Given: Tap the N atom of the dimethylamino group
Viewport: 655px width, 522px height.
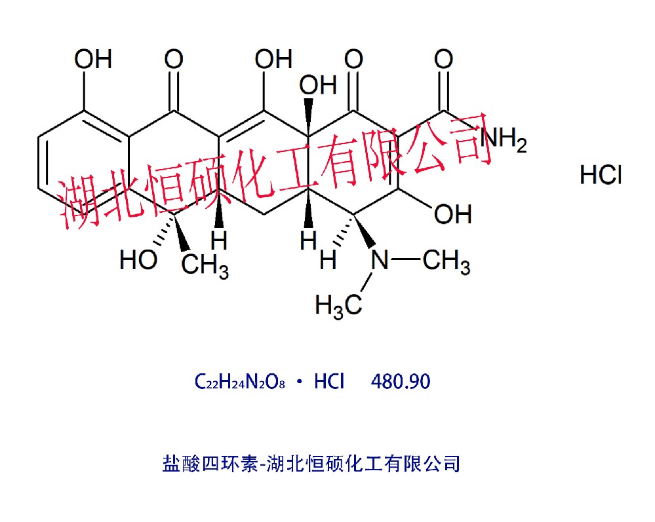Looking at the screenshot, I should coord(380,261).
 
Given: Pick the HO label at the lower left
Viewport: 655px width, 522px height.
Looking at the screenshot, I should coord(138,260).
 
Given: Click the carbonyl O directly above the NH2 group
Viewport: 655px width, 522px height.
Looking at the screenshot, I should coord(444,60).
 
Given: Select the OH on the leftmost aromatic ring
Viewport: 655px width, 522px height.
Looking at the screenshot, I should coord(92,60).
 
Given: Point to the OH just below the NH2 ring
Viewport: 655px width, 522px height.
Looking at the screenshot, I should coord(453,213).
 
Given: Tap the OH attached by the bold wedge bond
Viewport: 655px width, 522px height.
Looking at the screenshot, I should coord(318,84).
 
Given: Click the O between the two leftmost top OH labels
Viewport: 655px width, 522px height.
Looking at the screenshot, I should coord(174,60).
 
